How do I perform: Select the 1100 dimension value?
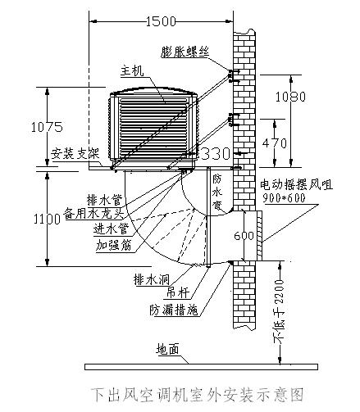pyautogui.click(x=22, y=219)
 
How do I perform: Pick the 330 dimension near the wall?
pyautogui.click(x=216, y=154)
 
